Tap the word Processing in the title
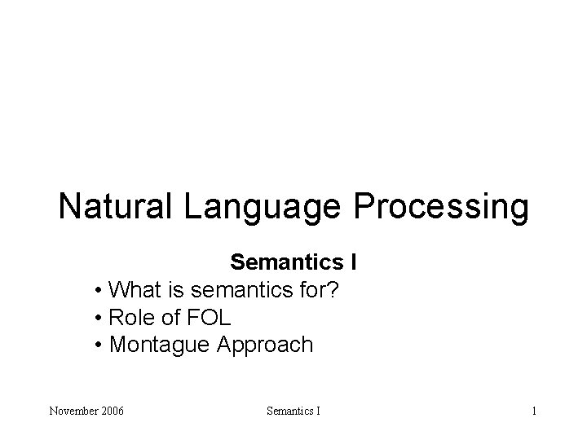441,206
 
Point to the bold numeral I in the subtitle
353,263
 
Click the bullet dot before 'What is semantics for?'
98,291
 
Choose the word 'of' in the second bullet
173,318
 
